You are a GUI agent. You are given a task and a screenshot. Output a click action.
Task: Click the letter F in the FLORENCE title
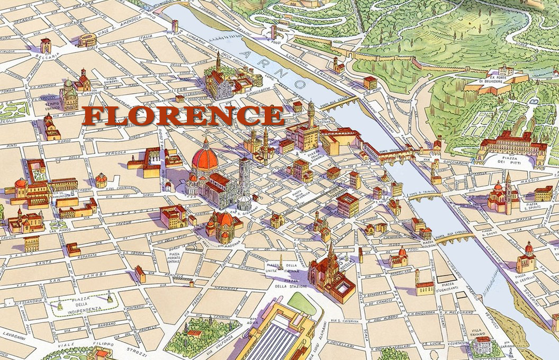(x=94, y=116)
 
